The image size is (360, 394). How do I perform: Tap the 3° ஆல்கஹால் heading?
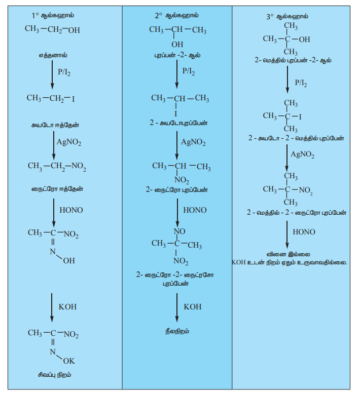coord(287,16)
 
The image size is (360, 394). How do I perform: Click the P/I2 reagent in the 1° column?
coord(64,72)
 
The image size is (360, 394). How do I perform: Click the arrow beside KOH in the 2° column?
coord(176,307)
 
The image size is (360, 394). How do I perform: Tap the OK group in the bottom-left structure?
coord(69,361)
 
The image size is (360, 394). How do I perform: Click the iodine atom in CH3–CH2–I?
coord(73,98)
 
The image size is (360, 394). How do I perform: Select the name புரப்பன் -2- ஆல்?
coord(177,55)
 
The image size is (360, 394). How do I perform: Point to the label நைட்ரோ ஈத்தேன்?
coord(53,189)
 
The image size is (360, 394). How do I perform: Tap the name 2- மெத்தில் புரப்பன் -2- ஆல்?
coord(293,60)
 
